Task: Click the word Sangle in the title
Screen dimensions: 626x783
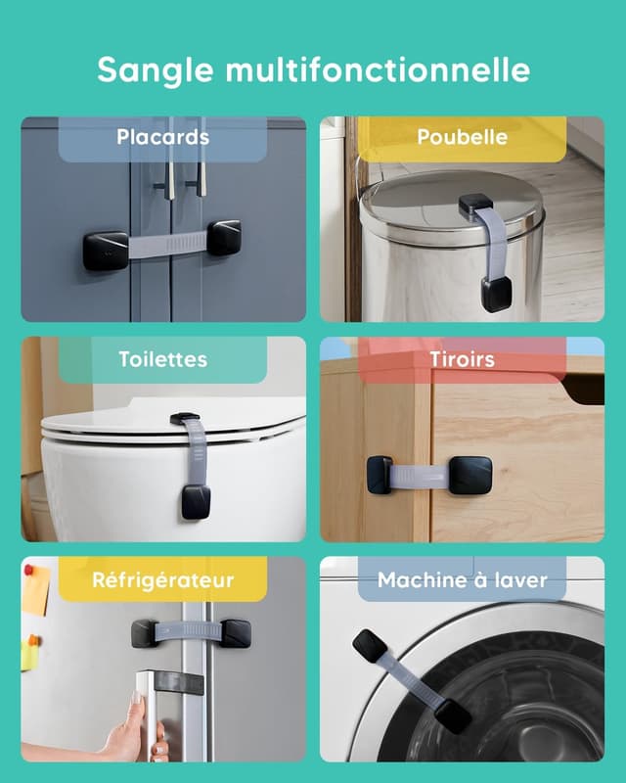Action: tap(156, 69)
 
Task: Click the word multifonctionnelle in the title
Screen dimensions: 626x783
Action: tap(378, 69)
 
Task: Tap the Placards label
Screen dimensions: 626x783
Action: tap(162, 137)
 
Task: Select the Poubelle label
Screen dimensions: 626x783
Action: tap(463, 137)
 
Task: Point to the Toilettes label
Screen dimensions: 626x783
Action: tap(162, 359)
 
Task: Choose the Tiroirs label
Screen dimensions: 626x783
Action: tap(463, 359)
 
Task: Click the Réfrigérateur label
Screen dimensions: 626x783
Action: tap(162, 579)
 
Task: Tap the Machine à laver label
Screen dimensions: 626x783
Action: tap(463, 579)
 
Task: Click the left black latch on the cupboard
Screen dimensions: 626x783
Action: tap(106, 251)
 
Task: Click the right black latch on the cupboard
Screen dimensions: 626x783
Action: tap(224, 238)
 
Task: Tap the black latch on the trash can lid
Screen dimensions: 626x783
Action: tap(475, 204)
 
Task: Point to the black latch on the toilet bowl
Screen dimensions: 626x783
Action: tap(196, 501)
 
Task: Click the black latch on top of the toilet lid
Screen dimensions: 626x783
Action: tap(185, 419)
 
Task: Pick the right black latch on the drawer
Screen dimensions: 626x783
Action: tap(470, 477)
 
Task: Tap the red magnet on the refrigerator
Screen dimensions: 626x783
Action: tap(28, 570)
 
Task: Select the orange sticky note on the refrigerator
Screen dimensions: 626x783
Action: tap(35, 590)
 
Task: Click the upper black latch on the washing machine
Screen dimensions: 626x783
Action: tap(370, 645)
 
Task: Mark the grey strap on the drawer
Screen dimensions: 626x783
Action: tap(421, 477)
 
